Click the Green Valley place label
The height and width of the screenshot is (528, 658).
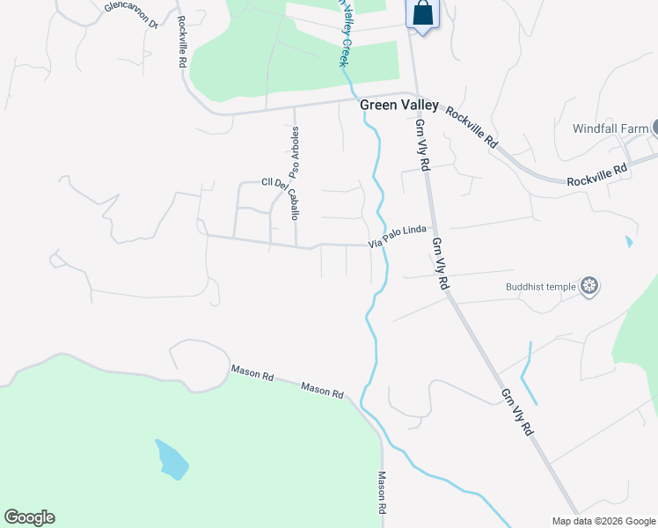point(398,105)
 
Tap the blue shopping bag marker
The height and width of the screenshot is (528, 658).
point(422,14)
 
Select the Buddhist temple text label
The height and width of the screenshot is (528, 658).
point(540,286)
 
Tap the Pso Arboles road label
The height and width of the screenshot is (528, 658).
point(296,153)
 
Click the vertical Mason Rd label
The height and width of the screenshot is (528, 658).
point(383,493)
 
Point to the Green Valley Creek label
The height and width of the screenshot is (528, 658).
point(346,35)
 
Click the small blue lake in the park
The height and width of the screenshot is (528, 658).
point(172,459)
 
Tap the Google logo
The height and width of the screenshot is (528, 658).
point(29,517)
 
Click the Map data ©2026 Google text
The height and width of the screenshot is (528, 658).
point(603,521)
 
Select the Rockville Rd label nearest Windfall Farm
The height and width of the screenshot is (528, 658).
point(597,173)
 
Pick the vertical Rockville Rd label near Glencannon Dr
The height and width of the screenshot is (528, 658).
point(180,41)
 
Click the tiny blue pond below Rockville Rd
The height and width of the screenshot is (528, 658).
point(627,240)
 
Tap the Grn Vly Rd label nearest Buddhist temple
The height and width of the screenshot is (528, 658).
point(440,261)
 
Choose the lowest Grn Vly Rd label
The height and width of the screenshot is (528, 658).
point(516,412)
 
